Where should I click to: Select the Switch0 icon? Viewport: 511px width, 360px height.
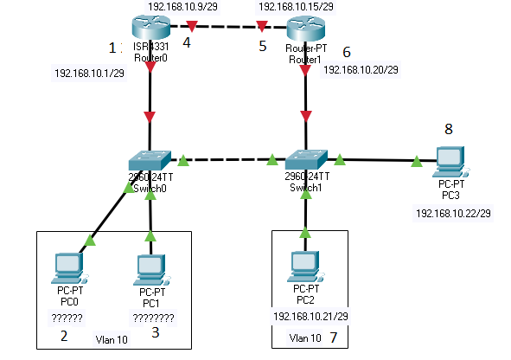pyautogui.click(x=150, y=161)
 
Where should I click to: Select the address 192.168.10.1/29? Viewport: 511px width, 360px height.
pyautogui.click(x=90, y=74)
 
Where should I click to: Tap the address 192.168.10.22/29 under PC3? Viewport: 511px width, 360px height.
pyautogui.click(x=453, y=212)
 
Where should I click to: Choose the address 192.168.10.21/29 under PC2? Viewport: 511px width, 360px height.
pyautogui.click(x=310, y=318)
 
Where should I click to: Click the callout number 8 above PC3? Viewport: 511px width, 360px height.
pyautogui.click(x=448, y=130)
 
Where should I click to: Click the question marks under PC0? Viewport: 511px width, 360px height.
pyautogui.click(x=67, y=318)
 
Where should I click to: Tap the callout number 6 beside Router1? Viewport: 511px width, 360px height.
pyautogui.click(x=347, y=52)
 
